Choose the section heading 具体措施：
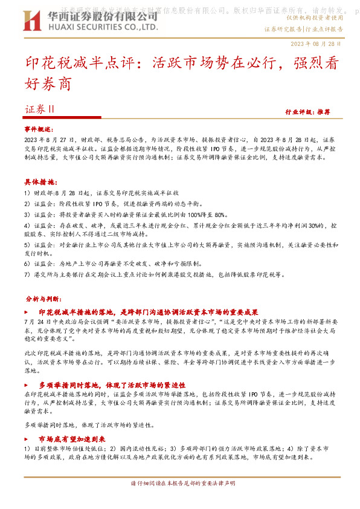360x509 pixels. point(40,182)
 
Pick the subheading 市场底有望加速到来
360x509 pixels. point(72,439)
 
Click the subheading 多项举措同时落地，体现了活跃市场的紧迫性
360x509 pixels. point(112,384)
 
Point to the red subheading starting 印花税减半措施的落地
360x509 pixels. point(148,312)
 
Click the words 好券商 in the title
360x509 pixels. point(48,84)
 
